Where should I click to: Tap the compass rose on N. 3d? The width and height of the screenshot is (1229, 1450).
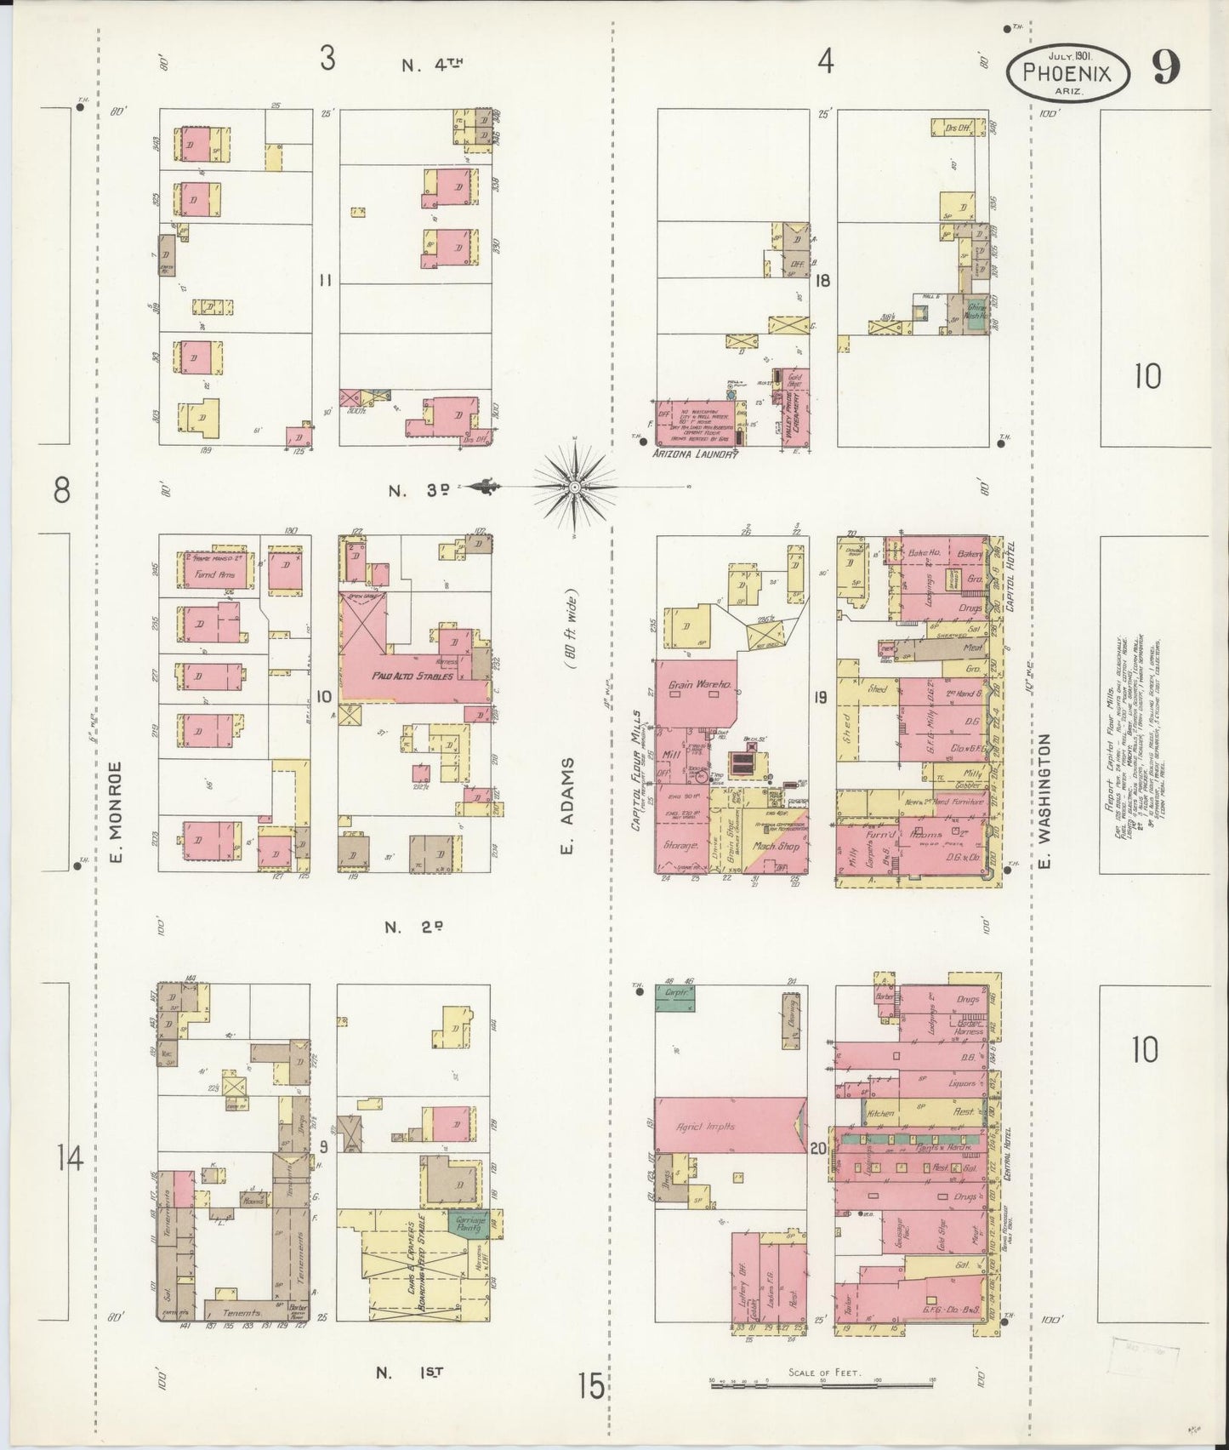[575, 486]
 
